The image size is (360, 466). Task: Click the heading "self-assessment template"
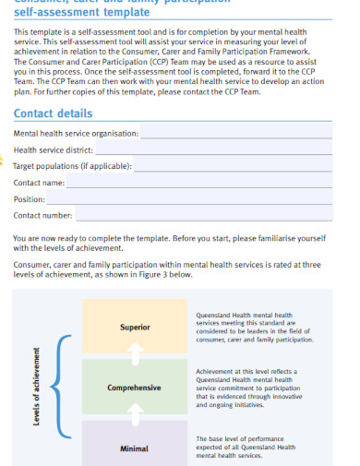81,13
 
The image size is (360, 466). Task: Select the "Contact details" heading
53,114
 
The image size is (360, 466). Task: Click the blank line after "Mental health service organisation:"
244,134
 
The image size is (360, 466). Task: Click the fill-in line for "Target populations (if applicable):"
241,167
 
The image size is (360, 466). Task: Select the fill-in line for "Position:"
198,199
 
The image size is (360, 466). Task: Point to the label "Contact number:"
42,216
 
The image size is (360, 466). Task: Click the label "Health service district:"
53,150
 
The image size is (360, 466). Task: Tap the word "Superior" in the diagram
135,328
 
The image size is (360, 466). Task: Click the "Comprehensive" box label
135,388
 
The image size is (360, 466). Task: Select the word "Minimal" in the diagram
135,448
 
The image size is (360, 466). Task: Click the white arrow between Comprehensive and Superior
135,352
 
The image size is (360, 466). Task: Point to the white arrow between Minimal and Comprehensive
135,412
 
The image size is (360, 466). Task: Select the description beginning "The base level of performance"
246,447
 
